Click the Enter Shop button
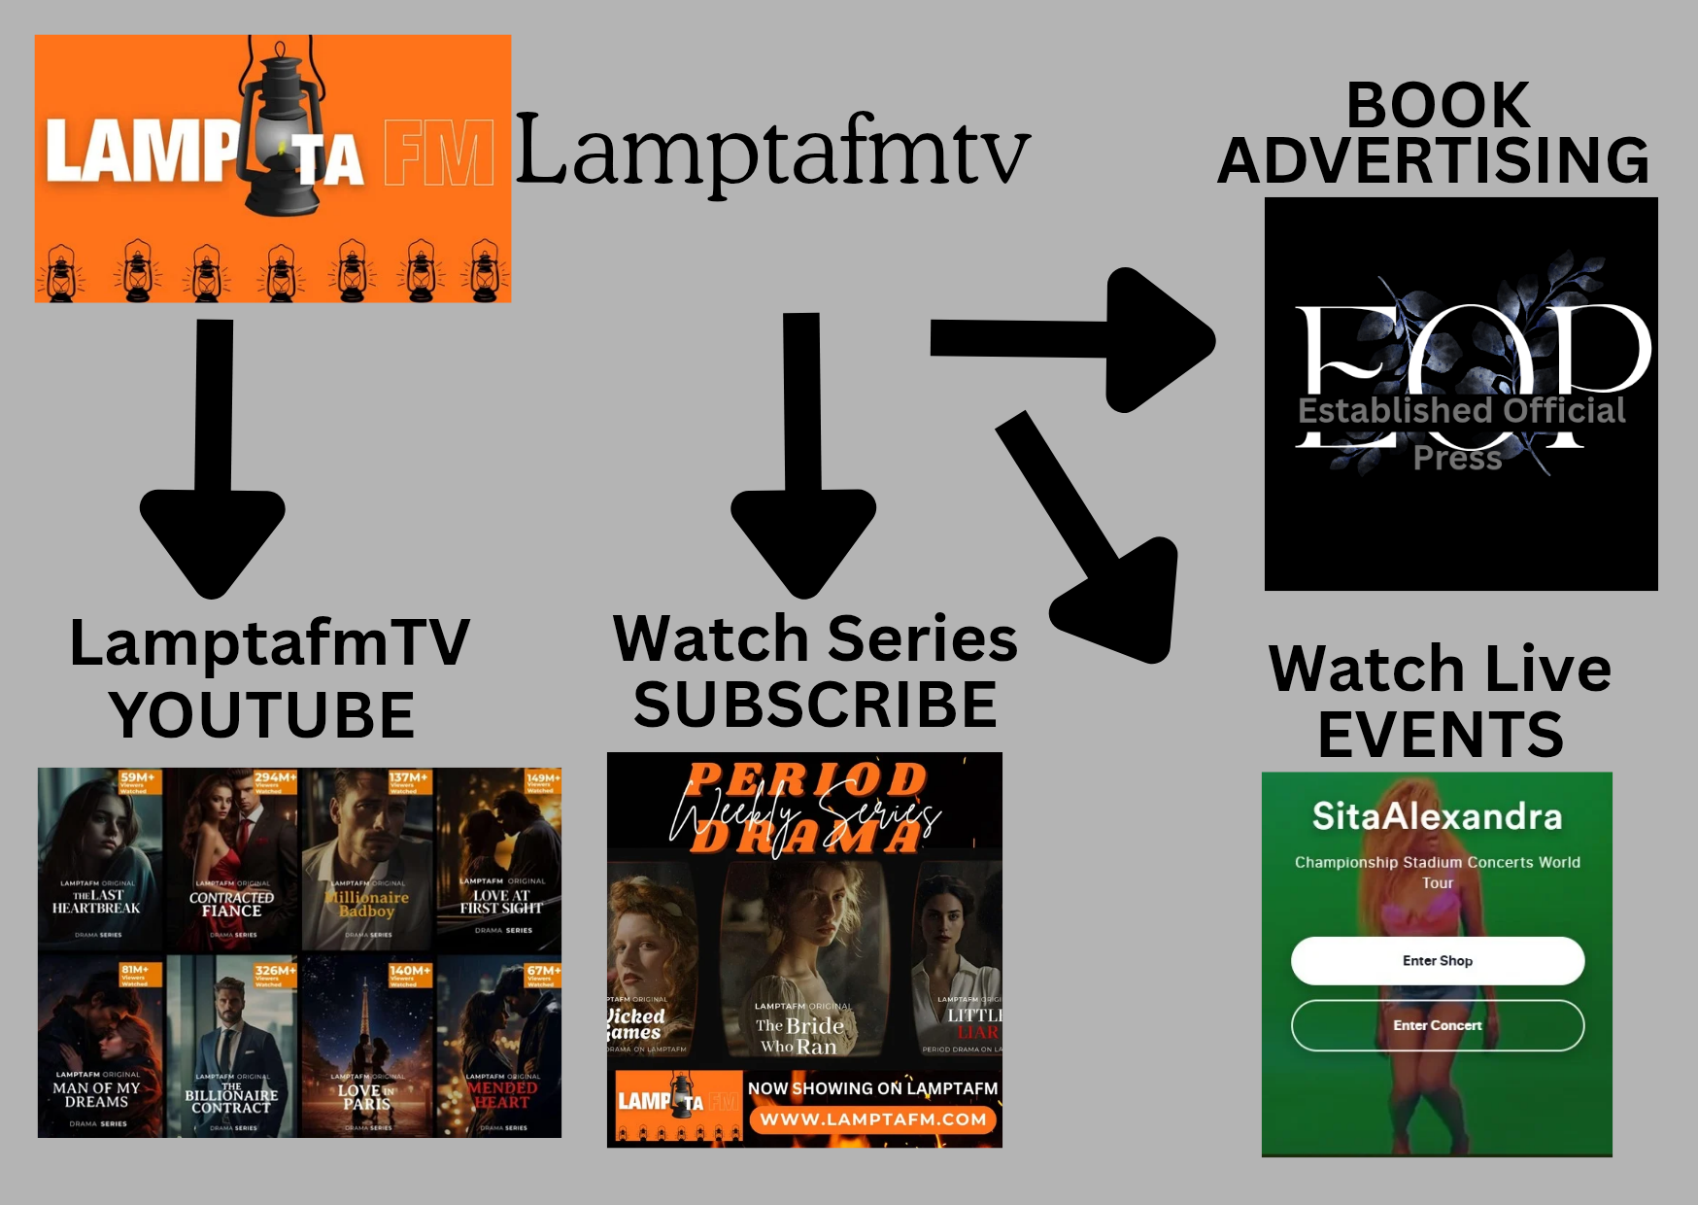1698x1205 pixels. click(1437, 961)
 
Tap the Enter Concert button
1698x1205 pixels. click(1437, 1025)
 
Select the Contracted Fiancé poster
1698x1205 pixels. click(231, 860)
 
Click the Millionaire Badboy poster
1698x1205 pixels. click(366, 860)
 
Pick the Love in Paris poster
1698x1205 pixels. click(366, 1048)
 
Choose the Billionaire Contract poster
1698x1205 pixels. click(231, 1048)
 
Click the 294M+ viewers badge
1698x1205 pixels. click(275, 781)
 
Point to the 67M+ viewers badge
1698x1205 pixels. click(542, 975)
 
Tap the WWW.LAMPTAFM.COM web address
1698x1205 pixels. click(872, 1119)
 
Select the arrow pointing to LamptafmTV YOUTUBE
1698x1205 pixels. click(213, 457)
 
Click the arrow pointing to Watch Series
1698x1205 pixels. click(803, 457)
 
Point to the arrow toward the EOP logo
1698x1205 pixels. click(1069, 339)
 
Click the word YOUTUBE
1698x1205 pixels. click(262, 715)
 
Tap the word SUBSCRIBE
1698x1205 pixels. click(815, 705)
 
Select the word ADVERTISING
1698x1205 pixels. click(1433, 160)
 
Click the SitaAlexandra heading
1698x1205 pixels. click(1437, 816)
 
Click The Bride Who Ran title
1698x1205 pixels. click(799, 1035)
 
